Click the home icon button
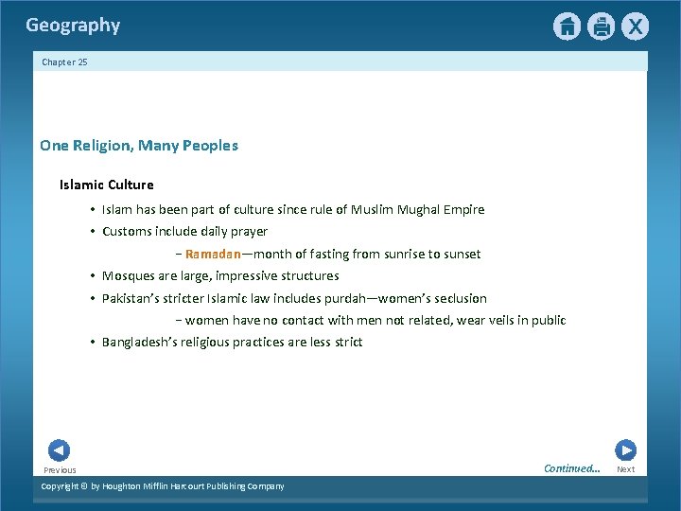coord(567,26)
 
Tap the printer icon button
coord(601,26)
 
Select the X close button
coord(635,26)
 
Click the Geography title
coord(73,26)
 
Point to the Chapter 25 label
coord(64,62)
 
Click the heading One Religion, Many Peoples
coord(139,146)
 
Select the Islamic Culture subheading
coord(106,185)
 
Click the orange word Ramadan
coord(213,254)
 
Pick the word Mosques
coord(127,276)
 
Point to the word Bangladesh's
coord(141,343)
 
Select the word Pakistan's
coord(131,298)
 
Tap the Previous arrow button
coord(59,451)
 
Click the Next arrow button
coord(625,450)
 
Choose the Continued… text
coord(571,468)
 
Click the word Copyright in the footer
coord(60,486)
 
